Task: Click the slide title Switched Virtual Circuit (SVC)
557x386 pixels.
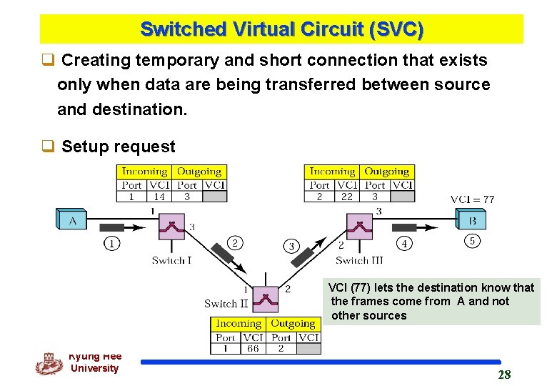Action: (281, 30)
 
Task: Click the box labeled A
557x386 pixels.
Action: (72, 219)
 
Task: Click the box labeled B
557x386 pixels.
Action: (471, 219)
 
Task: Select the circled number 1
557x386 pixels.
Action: (111, 244)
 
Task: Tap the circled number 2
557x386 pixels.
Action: (234, 243)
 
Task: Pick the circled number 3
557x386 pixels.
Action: (291, 247)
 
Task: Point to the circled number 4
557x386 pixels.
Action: (404, 244)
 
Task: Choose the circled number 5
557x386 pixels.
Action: (472, 241)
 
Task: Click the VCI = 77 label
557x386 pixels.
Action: (472, 199)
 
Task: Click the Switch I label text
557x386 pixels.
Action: (171, 260)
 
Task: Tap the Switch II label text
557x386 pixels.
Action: (226, 303)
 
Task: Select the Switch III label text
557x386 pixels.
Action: (359, 260)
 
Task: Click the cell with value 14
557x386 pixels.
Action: (159, 196)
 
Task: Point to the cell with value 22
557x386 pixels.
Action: (347, 196)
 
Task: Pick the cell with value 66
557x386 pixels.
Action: (253, 348)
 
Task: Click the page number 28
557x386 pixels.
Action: (504, 375)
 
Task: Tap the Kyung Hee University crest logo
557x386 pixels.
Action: (49, 364)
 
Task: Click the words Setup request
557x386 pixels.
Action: (118, 147)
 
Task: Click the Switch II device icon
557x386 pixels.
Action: (266, 299)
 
